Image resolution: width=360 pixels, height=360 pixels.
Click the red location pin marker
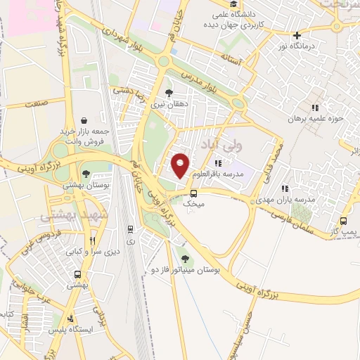pyautogui.click(x=181, y=165)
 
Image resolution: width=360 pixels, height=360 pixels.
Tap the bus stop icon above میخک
pyautogui.click(x=193, y=193)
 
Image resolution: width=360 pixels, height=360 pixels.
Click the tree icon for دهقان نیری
pyautogui.click(x=168, y=92)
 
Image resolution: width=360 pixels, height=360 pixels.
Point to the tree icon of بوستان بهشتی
pyautogui.click(x=86, y=174)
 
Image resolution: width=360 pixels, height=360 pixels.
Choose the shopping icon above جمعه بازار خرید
pyautogui.click(x=84, y=120)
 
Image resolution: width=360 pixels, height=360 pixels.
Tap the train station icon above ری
pyautogui.click(x=130, y=229)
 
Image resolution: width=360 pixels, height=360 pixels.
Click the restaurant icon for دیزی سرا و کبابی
pyautogui.click(x=92, y=240)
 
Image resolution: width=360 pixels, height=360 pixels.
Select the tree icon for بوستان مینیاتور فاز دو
pyautogui.click(x=186, y=259)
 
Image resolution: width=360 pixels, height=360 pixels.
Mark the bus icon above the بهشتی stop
pyautogui.click(x=77, y=275)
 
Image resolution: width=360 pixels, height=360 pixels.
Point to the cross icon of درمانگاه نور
pyautogui.click(x=298, y=35)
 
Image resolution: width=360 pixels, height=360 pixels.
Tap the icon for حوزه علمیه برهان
pyautogui.click(x=316, y=108)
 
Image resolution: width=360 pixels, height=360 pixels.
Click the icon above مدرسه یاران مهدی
pyautogui.click(x=285, y=188)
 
